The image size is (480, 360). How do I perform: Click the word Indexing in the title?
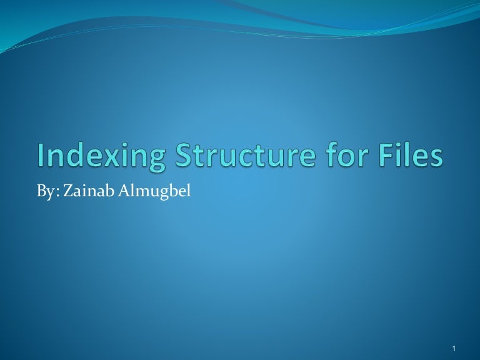tap(102, 156)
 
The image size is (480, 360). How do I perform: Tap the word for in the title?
tap(342, 155)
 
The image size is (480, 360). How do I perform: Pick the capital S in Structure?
tap(185, 155)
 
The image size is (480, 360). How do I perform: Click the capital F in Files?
tap(386, 155)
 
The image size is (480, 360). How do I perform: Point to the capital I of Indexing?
tap(41, 155)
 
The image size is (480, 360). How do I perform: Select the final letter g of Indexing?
tap(154, 160)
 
